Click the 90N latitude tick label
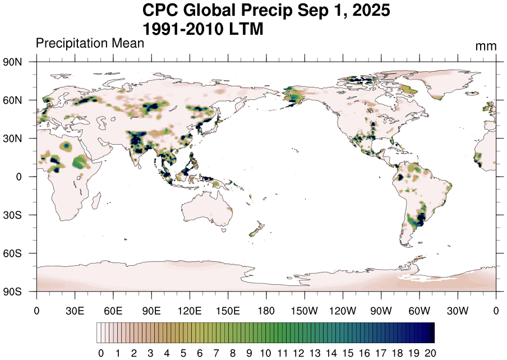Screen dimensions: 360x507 coord(12,62)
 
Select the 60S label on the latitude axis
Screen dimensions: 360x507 coord(12,253)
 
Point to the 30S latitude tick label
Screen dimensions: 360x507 coord(12,215)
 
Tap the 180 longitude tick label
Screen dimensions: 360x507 coord(266,310)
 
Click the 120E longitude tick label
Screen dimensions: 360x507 coord(190,310)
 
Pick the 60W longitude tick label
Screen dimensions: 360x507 coord(420,310)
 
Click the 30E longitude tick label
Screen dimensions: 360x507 coord(75,310)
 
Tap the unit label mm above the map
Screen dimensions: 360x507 coord(486,47)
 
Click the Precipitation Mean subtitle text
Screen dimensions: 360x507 coord(90,43)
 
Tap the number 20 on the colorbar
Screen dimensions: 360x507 coord(430,353)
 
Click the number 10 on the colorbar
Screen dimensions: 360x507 coord(266,353)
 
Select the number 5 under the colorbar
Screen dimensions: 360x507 coord(183,353)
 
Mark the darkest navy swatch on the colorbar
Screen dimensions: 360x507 coord(431,333)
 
